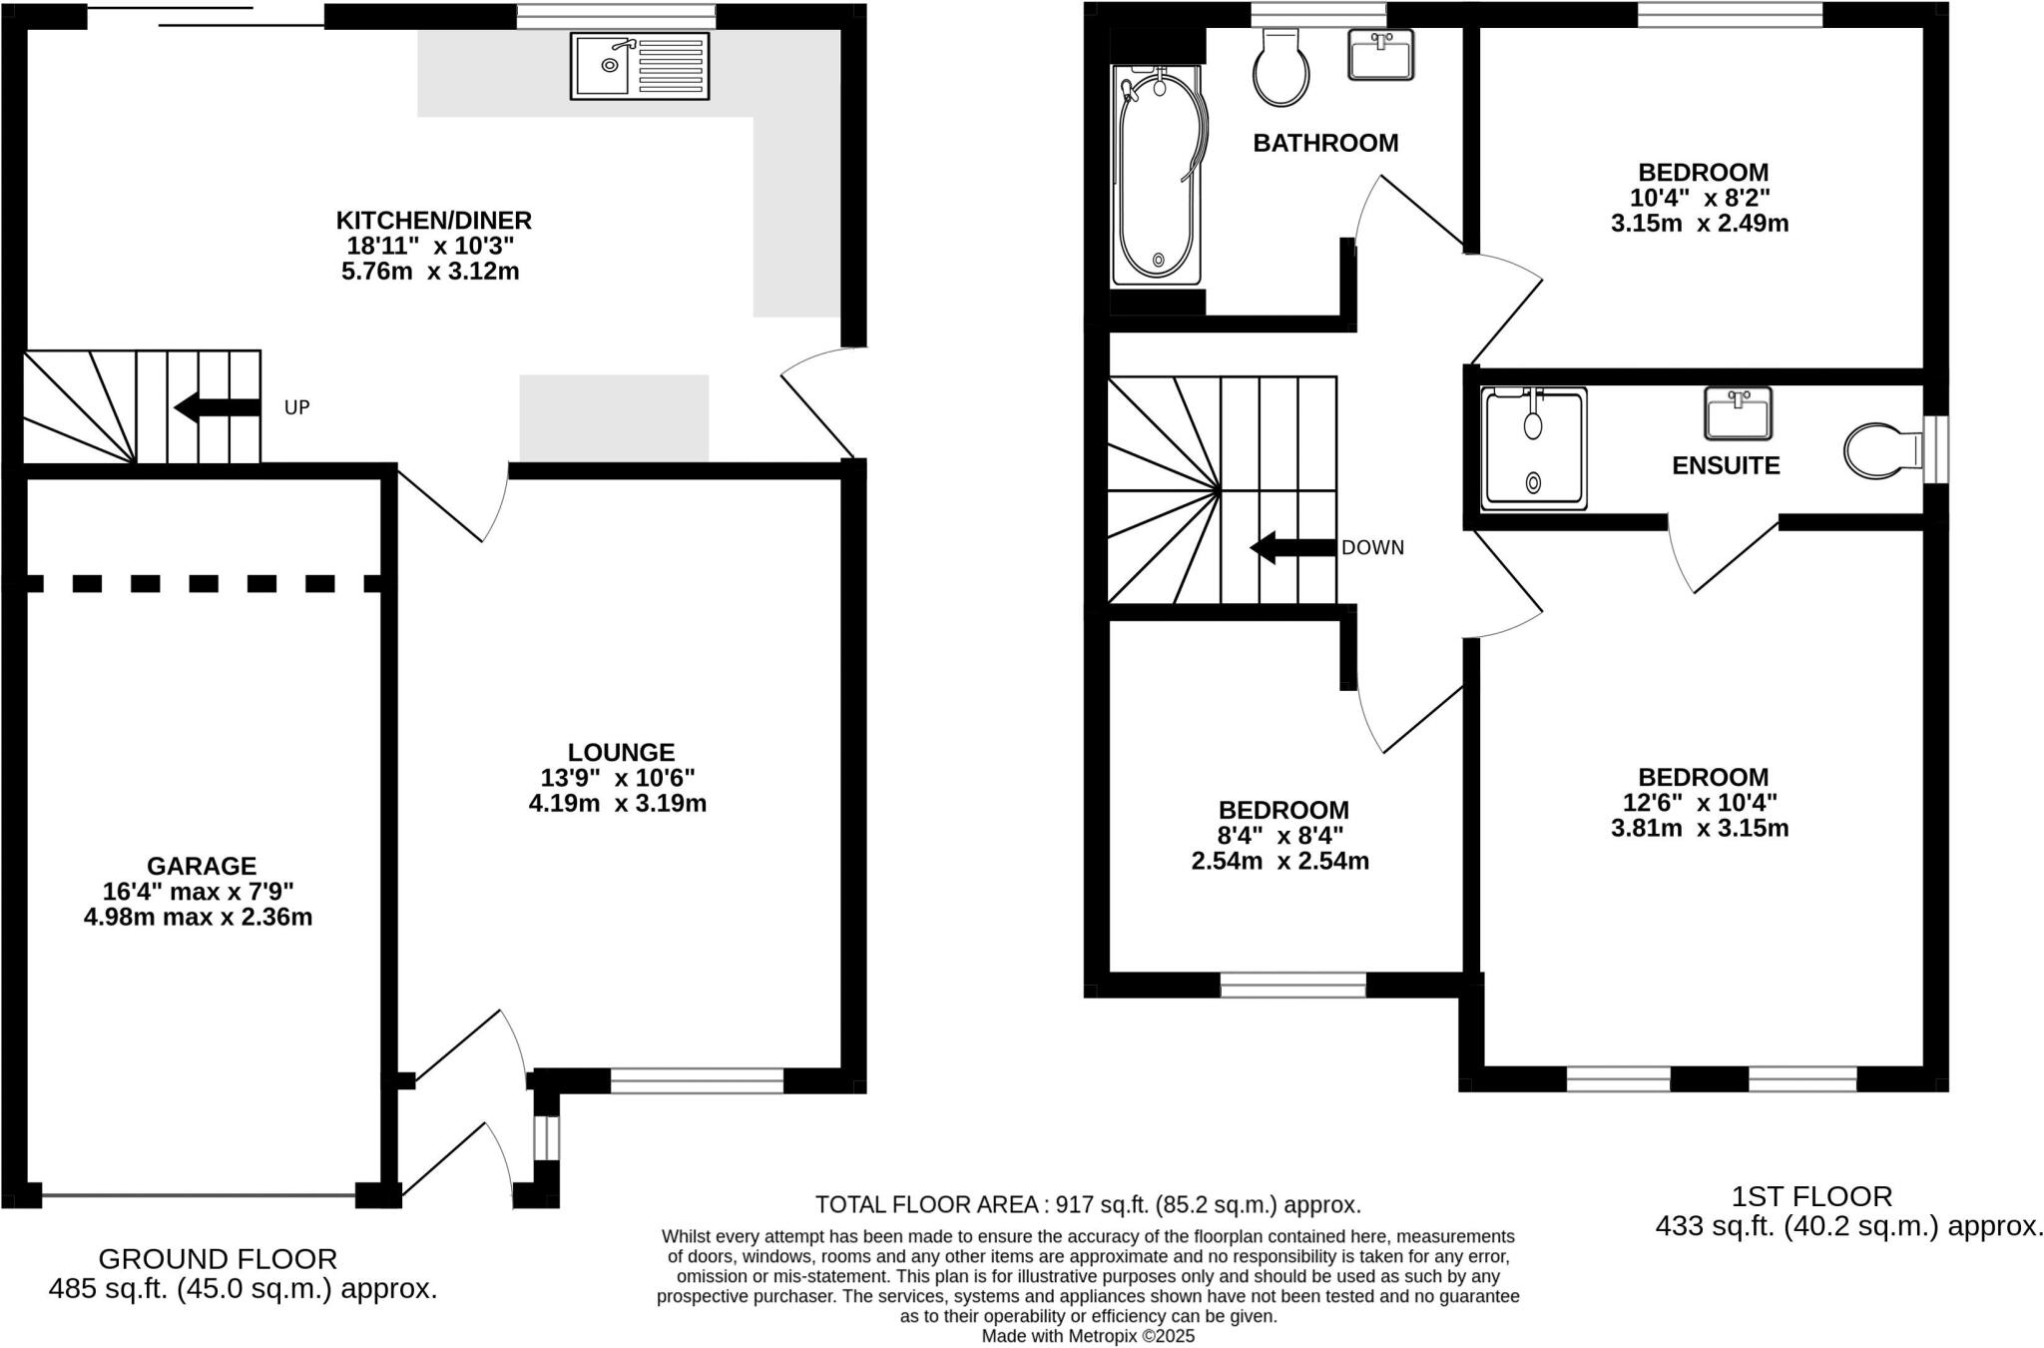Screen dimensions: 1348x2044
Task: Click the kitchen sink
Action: [640, 66]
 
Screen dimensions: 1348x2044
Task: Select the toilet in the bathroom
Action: [1280, 68]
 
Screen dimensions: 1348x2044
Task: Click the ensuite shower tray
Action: [1534, 449]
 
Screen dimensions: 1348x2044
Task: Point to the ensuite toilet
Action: [1880, 450]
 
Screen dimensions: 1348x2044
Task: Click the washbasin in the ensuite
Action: [1738, 413]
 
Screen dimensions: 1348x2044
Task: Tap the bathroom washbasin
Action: [1381, 54]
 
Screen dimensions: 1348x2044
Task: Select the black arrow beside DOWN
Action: [1292, 547]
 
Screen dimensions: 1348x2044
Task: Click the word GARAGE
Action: [202, 866]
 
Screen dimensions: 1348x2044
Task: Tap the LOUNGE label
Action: [621, 752]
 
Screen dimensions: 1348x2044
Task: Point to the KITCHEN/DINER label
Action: [433, 220]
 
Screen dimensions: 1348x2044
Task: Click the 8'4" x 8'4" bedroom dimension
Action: [1280, 836]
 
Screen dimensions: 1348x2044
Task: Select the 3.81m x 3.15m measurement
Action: [1700, 828]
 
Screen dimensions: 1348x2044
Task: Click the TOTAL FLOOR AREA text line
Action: [1088, 1204]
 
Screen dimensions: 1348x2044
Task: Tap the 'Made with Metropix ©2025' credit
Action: [1088, 1336]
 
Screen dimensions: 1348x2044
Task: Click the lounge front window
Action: [697, 1080]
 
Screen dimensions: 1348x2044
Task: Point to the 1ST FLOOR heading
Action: [1811, 1196]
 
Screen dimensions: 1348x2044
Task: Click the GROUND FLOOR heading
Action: [218, 1258]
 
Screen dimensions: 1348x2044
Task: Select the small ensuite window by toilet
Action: [1934, 449]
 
